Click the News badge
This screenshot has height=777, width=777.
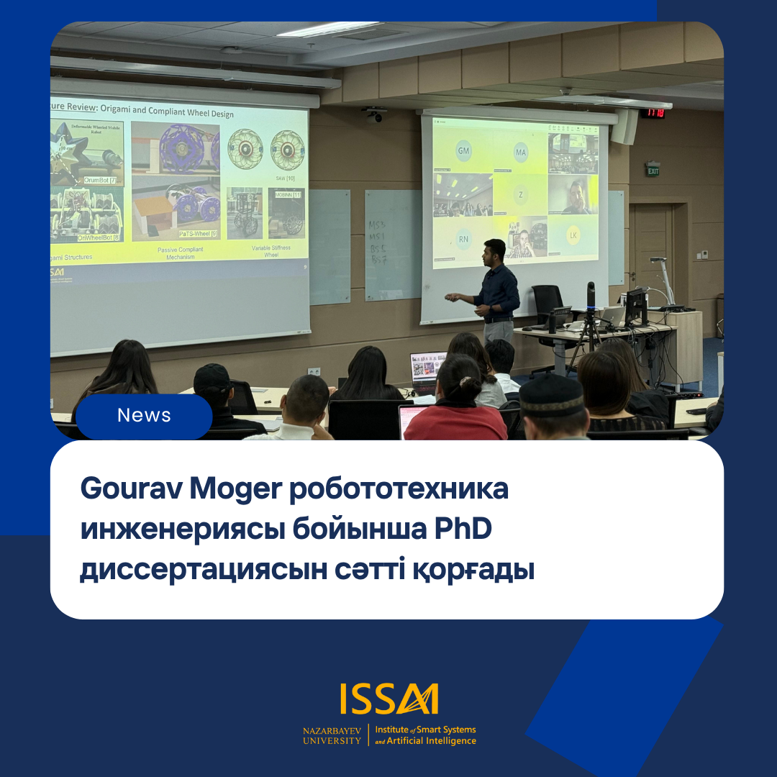click(144, 416)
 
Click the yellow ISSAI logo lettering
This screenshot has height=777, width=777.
click(389, 699)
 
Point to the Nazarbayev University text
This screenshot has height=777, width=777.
click(332, 735)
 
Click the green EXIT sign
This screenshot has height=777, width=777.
click(653, 171)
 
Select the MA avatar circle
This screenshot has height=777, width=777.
click(521, 152)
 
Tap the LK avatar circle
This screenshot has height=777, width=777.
click(573, 235)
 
